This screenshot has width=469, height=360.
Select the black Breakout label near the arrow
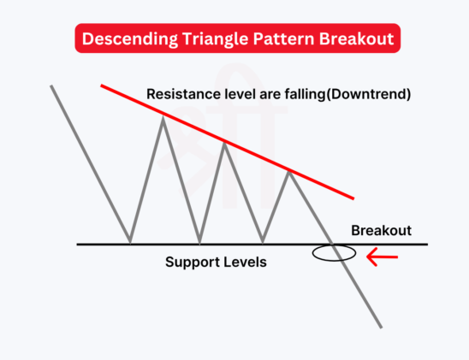(382, 231)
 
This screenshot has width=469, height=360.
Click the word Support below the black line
(192, 263)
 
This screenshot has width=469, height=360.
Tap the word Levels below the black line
(246, 263)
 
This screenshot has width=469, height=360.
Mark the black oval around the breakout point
(333, 253)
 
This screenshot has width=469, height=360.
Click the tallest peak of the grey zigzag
(164, 117)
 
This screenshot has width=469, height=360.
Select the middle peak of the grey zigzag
(225, 143)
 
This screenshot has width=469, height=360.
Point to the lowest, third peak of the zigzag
(289, 172)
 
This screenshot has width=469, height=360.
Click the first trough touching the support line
(130, 243)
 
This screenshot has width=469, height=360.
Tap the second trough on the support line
(200, 243)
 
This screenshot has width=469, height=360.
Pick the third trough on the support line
(263, 243)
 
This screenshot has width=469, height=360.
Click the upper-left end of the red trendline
(102, 86)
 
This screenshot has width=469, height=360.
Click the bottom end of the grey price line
(381, 326)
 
